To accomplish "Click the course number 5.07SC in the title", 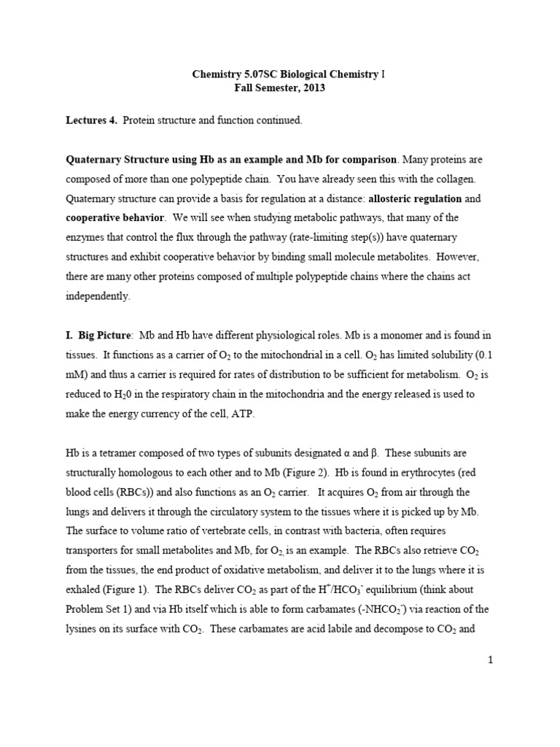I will point(263,74).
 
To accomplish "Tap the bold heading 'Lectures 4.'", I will point(91,120).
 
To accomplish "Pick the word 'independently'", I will point(98,297).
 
